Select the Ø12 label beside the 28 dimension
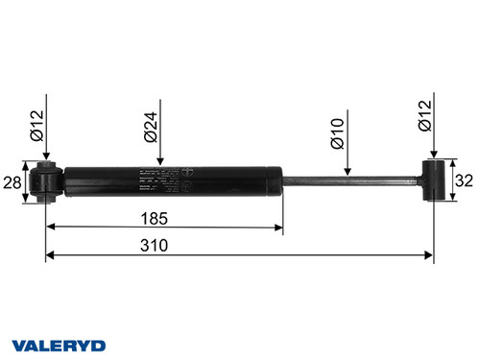coord(35,125)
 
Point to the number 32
coord(464,180)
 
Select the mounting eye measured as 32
coord(441,180)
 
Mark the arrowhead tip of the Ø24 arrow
coord(161,164)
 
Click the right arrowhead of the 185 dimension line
coord(281,228)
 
